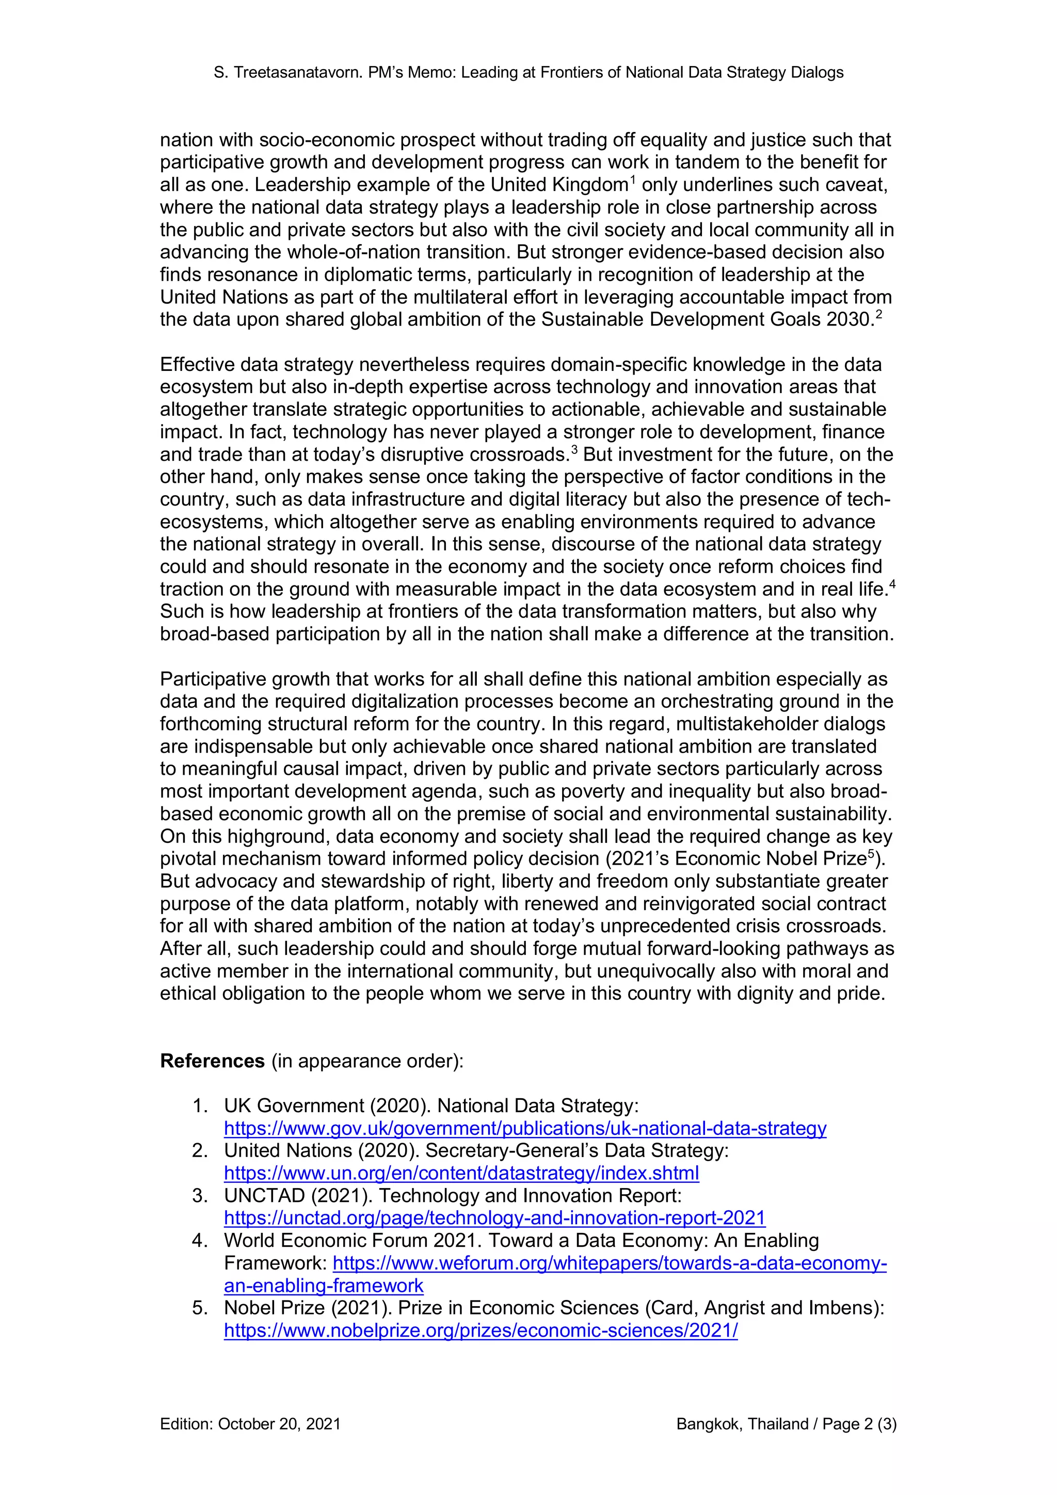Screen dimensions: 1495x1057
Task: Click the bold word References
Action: pos(212,1061)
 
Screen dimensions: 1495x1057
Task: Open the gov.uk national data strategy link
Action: pos(525,1128)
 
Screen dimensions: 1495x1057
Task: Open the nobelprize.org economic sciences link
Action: pos(481,1330)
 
